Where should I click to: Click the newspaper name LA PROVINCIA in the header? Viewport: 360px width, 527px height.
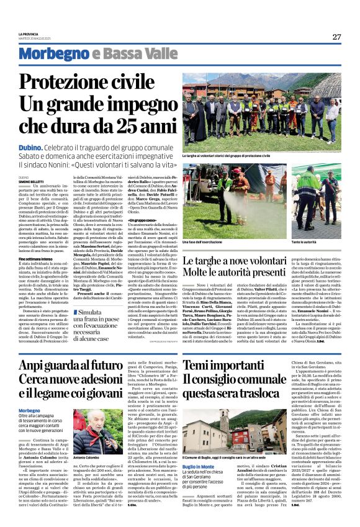click(30, 34)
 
